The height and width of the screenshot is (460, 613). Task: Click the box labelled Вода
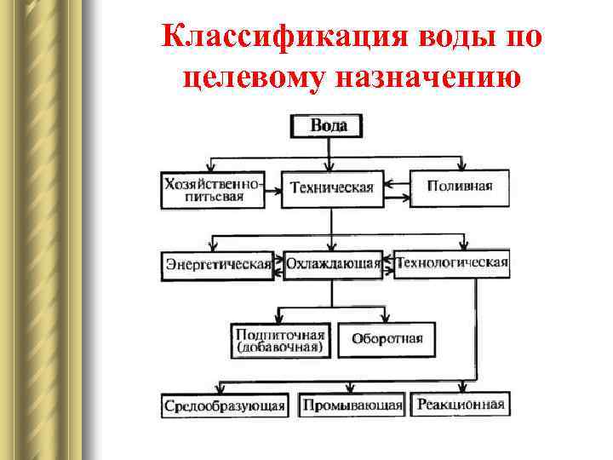pos(328,126)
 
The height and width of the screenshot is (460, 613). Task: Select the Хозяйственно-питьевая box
pos(211,189)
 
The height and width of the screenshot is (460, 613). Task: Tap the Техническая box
pos(332,188)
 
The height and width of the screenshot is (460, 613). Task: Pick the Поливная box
pos(460,188)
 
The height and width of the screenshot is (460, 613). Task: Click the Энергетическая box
pos(218,264)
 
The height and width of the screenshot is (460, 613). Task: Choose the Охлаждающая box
pos(333,264)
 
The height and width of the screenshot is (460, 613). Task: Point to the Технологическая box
pos(452,262)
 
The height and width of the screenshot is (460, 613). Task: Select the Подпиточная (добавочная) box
pos(281,339)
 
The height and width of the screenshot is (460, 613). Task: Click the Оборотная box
pos(387,339)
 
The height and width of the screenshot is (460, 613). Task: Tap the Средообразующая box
pos(225,405)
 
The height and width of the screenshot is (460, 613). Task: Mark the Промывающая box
pos(352,405)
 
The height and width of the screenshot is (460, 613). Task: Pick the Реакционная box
pos(461,405)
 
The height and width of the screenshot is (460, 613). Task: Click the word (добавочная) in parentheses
pos(280,347)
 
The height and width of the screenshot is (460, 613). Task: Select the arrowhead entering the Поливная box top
pos(461,166)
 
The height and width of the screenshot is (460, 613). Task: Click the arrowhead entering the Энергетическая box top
pos(215,248)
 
